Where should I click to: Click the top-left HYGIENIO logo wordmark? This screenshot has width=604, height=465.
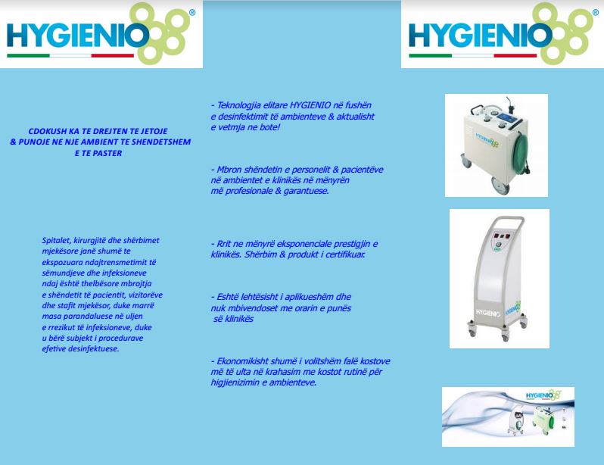[78, 36]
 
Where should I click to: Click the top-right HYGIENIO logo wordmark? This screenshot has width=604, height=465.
[480, 36]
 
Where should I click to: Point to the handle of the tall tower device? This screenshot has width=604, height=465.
[509, 223]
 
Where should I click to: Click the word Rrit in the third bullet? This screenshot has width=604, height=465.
[224, 244]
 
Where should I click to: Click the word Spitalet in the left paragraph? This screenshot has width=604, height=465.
[56, 241]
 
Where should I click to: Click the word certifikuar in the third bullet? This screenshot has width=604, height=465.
[346, 254]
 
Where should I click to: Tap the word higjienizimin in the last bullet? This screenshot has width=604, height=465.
[235, 383]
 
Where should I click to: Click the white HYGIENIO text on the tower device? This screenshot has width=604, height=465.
[488, 313]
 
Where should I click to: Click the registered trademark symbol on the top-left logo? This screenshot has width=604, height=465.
[192, 13]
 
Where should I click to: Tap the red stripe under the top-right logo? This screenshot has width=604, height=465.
[515, 55]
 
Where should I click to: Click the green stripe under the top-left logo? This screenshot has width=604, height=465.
[28, 55]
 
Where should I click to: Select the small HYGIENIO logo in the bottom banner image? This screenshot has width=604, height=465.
[543, 395]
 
